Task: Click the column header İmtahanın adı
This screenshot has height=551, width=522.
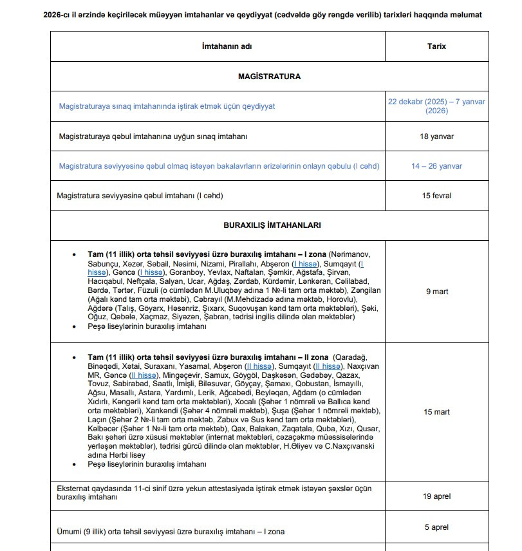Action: point(218,46)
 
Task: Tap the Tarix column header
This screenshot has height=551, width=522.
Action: point(436,46)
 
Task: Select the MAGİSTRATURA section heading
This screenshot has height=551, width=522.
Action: point(269,76)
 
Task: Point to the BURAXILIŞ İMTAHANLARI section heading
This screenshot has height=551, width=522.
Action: point(272,225)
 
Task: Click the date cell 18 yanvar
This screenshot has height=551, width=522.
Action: point(436,136)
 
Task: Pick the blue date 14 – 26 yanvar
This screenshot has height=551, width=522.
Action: point(436,166)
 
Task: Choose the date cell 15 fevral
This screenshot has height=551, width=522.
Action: point(436,196)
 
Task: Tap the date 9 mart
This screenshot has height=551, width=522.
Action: point(436,292)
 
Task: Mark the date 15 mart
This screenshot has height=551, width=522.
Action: point(436,412)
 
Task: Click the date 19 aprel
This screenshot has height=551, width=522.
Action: point(436,497)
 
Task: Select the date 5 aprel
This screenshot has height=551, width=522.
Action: point(436,527)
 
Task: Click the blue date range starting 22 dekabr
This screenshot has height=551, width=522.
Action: point(436,106)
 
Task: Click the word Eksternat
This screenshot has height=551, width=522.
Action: point(76,489)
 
